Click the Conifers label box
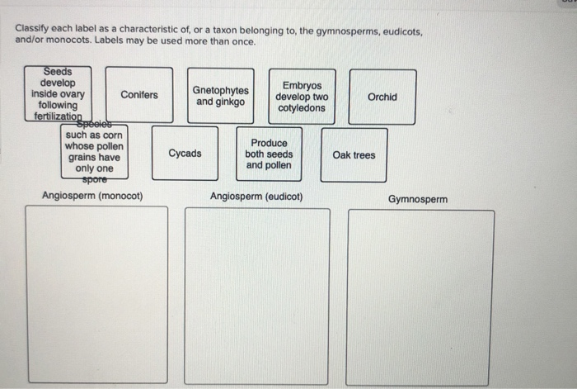click(x=139, y=95)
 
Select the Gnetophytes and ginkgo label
click(x=221, y=96)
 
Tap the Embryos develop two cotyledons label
click(x=301, y=97)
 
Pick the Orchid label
click(x=382, y=97)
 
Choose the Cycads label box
click(x=185, y=154)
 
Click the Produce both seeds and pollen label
click(x=269, y=154)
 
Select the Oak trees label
click(x=354, y=155)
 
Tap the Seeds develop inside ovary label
click(x=58, y=94)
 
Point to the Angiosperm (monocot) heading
click(x=92, y=197)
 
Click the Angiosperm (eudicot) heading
click(x=256, y=197)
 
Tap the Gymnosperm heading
click(x=418, y=199)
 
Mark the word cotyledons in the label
click(x=302, y=108)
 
